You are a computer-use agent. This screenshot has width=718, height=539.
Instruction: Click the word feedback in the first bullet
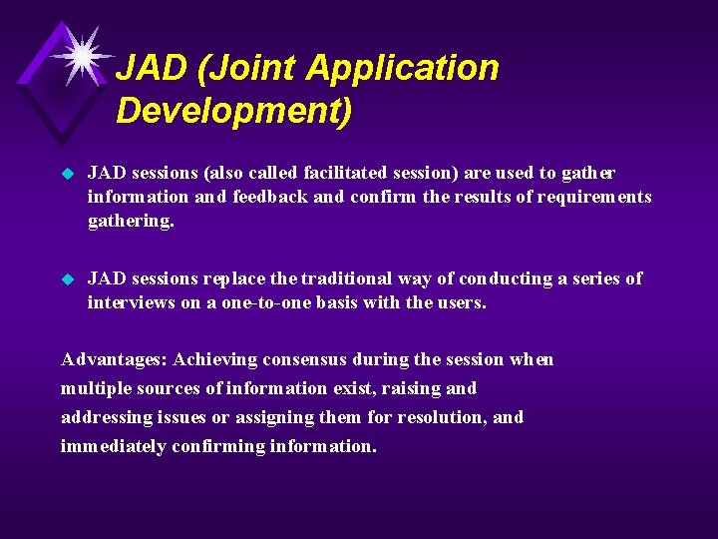(x=270, y=197)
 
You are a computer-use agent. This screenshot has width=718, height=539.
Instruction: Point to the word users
(x=459, y=301)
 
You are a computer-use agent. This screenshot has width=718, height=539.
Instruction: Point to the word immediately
(x=113, y=446)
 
